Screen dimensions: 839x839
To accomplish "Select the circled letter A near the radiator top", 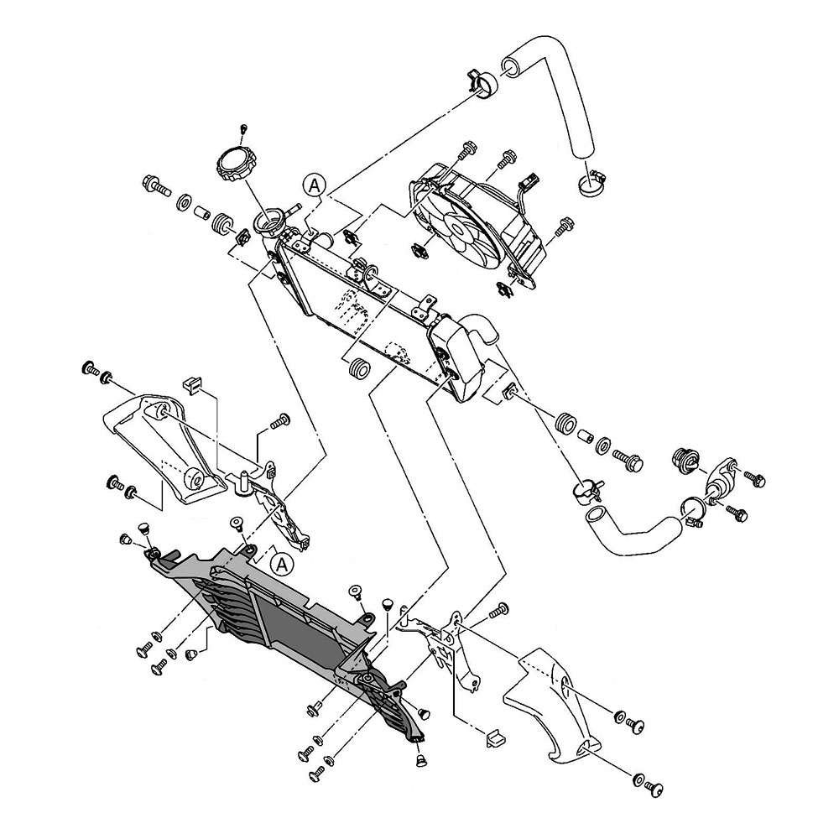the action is click(314, 185).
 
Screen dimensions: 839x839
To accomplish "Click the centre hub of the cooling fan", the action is click(458, 228).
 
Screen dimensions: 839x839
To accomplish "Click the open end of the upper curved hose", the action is click(512, 68).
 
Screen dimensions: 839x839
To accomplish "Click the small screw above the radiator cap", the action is click(244, 128).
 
